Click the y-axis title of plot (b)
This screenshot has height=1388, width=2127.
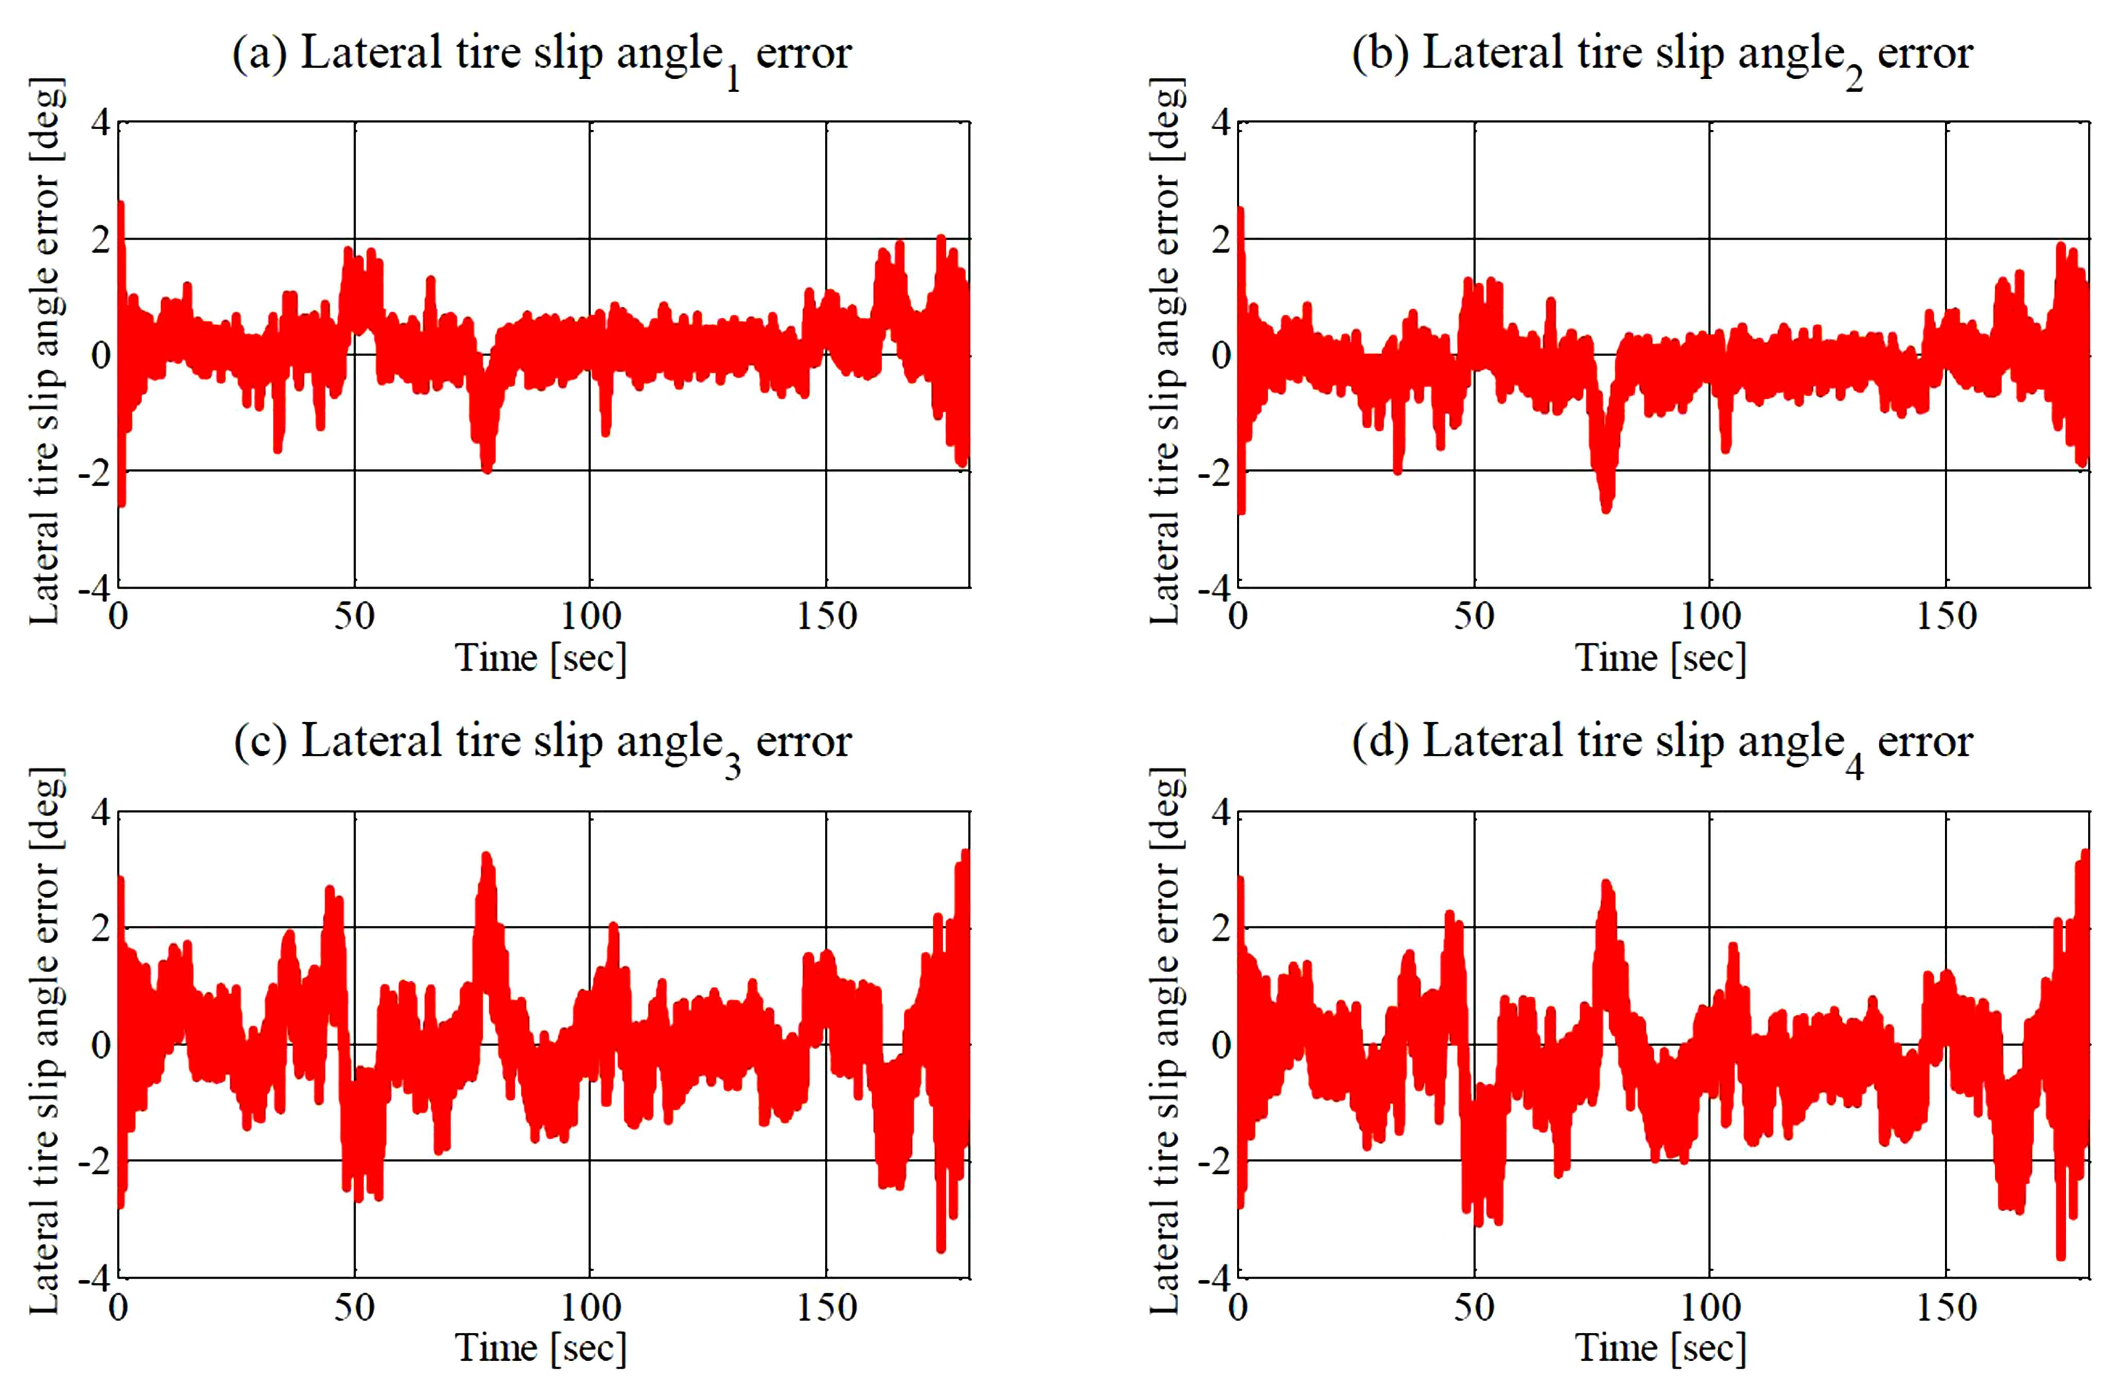click(1166, 351)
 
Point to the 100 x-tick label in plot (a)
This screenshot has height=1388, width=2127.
click(590, 617)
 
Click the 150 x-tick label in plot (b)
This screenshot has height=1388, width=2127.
click(1946, 617)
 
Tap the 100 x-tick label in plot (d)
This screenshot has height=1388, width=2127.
click(1709, 1308)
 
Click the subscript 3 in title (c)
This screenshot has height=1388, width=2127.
click(732, 769)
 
